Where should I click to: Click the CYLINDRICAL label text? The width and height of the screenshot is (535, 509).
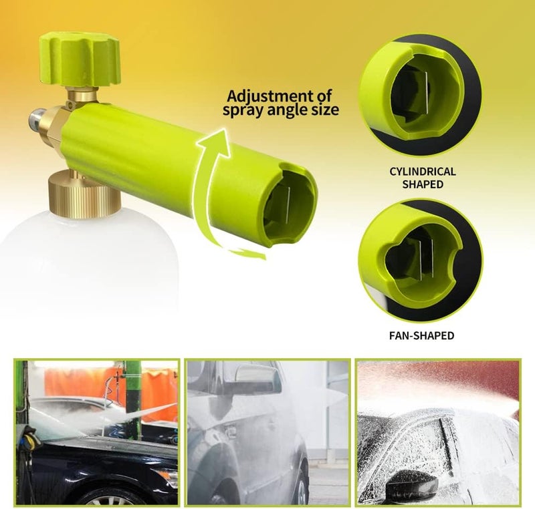423,171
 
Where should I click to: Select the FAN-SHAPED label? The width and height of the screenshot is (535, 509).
422,335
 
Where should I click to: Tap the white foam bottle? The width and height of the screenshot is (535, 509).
90,259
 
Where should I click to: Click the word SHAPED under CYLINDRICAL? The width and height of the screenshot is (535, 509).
423,184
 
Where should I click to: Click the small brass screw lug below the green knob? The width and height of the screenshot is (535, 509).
72,104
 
